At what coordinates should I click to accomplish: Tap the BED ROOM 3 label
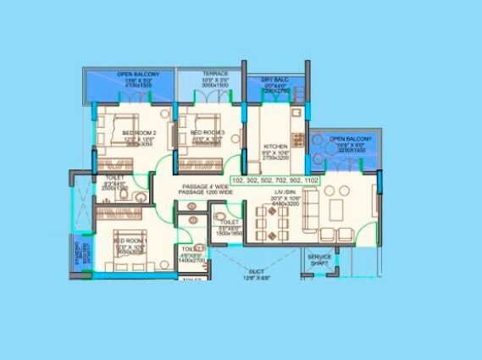pos(206,133)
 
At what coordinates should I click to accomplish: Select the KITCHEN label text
pos(277,146)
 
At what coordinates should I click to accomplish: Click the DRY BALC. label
pos(259,79)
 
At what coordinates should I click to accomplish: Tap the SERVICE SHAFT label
pos(319,260)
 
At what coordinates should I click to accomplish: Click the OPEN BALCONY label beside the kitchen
pos(346,139)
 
